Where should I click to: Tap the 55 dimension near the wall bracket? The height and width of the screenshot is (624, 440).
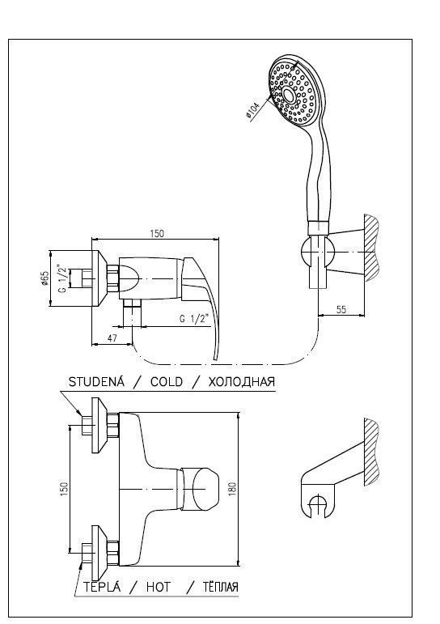click(341, 309)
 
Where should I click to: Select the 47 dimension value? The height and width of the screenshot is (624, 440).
click(112, 337)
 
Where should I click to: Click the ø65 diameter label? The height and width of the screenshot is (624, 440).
click(44, 278)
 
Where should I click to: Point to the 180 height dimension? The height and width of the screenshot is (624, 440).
click(232, 489)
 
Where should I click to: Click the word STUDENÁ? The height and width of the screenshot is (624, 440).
click(97, 382)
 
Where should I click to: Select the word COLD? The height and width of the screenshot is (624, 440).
click(167, 382)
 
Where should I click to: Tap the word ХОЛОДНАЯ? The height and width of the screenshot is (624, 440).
click(242, 382)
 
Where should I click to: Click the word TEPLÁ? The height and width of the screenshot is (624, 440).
click(101, 586)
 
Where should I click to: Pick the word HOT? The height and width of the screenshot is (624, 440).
click(158, 587)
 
